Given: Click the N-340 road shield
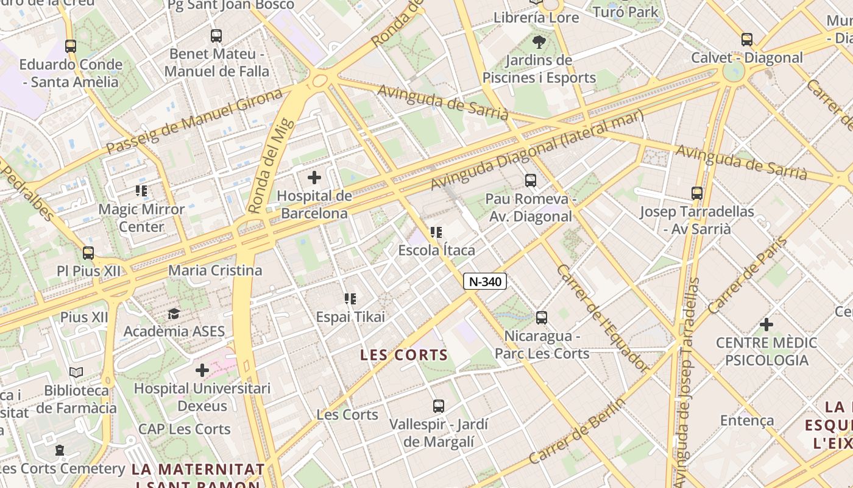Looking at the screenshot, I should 485,281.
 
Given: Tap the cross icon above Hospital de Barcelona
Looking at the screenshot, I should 314,178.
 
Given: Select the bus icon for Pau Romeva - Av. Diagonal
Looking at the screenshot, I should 531,181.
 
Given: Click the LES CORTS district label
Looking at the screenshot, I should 404,355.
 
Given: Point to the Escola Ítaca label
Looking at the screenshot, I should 436,250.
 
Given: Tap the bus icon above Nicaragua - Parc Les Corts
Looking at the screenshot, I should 541,318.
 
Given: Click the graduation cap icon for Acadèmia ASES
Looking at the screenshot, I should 174,314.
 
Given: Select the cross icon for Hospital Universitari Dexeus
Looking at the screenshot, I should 202,370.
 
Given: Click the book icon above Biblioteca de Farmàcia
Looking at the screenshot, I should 76,372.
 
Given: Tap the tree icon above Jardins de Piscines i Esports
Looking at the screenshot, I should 539,42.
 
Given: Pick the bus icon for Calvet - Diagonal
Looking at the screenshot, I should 747,40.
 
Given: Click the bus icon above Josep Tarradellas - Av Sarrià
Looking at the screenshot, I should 697,193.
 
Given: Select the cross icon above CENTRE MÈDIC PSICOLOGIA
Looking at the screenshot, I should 766,325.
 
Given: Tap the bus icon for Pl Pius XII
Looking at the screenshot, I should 88,253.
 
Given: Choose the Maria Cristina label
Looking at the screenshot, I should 215,270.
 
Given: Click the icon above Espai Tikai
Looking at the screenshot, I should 350,299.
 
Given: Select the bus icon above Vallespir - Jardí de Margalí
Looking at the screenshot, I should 438,406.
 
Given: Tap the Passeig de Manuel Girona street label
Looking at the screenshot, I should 195,121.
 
